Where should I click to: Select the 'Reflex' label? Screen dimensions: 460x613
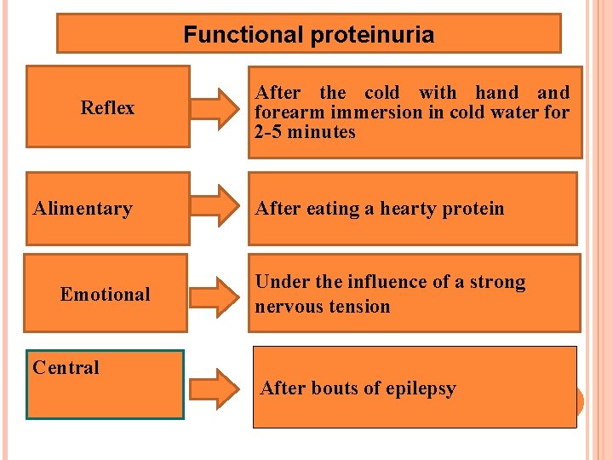click(x=107, y=107)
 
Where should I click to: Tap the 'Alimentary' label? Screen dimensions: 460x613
click(x=83, y=209)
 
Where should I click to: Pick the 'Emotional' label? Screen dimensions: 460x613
click(x=105, y=295)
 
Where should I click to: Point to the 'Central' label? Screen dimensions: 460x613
click(x=66, y=368)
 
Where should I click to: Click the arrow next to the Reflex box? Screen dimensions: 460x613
click(x=218, y=106)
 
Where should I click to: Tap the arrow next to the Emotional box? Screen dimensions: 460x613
click(x=218, y=295)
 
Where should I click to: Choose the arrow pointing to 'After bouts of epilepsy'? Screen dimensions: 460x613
click(x=218, y=387)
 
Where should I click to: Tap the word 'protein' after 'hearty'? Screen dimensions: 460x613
click(x=473, y=209)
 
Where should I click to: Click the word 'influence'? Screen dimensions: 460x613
click(x=362, y=282)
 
